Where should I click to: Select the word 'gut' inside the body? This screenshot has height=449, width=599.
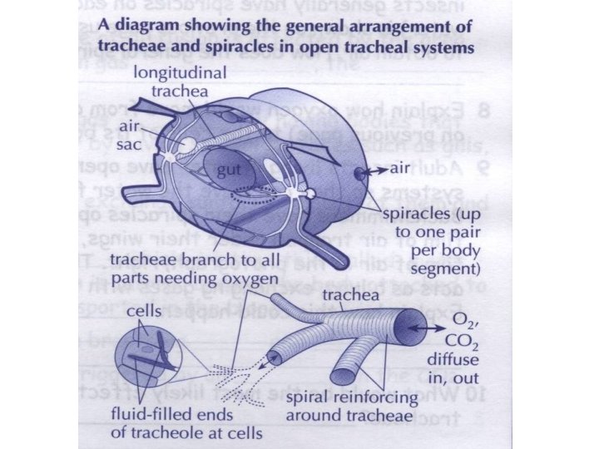227,171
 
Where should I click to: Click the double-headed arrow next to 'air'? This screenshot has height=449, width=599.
379,168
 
